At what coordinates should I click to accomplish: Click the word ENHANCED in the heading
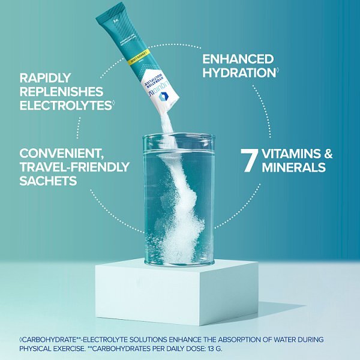pos(238,59)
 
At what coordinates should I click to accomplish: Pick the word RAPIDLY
pos(46,78)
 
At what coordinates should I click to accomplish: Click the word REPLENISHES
pos(61,92)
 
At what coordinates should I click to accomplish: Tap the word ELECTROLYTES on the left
pos(65,106)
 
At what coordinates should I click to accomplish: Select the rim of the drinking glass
pos(178,138)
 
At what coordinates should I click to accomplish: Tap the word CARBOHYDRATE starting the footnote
pos(41,340)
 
